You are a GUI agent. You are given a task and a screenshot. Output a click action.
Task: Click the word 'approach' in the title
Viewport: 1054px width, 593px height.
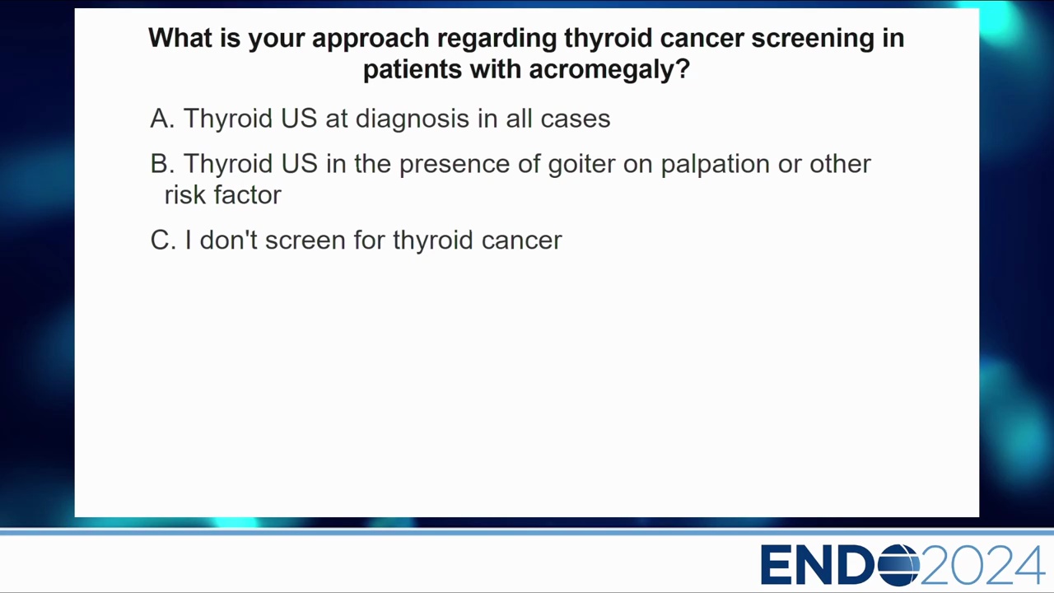(x=371, y=39)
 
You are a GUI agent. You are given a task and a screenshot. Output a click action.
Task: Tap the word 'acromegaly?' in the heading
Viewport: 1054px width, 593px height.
(x=609, y=71)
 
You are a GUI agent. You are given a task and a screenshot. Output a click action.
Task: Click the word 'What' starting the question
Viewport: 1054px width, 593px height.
(x=180, y=38)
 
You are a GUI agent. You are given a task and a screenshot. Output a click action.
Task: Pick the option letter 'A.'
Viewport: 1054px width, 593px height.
(x=162, y=118)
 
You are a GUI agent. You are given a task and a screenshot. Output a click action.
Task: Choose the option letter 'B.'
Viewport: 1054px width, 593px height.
(x=162, y=164)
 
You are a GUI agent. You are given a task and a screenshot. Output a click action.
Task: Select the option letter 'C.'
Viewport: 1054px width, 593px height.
(x=163, y=240)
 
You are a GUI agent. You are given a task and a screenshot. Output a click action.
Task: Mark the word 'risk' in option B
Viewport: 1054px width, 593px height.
(x=185, y=194)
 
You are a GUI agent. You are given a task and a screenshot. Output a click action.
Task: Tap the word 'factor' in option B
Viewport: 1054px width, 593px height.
(x=248, y=194)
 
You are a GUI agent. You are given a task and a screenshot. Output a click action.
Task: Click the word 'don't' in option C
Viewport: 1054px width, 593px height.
(x=229, y=240)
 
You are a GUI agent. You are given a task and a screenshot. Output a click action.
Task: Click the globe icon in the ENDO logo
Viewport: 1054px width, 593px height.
(x=898, y=564)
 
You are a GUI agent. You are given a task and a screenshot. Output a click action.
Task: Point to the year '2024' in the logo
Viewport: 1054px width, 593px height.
(x=982, y=564)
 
